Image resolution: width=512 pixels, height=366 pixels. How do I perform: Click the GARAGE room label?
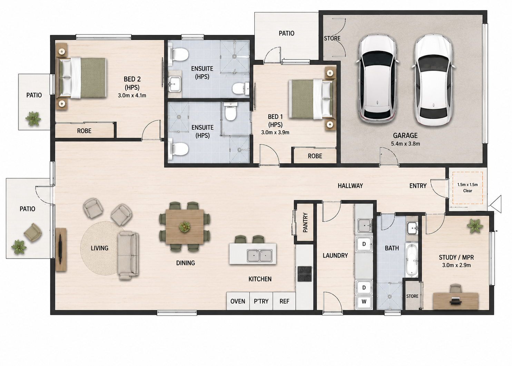click(x=405, y=135)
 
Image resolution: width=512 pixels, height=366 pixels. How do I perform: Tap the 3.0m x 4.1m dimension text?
click(x=132, y=95)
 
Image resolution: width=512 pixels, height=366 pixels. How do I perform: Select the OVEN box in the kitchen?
click(x=238, y=301)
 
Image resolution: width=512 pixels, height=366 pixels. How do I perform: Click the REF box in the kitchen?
click(x=284, y=301)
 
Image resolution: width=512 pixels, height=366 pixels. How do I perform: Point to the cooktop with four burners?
click(x=305, y=273)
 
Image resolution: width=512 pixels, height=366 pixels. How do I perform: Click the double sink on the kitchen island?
click(x=259, y=256)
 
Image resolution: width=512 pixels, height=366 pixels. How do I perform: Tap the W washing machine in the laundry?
click(x=364, y=301)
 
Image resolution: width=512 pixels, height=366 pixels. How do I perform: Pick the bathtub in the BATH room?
click(x=412, y=260)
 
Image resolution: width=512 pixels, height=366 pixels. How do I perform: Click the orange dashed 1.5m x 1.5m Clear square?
click(x=467, y=188)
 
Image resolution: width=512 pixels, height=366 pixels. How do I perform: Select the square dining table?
click(x=185, y=227)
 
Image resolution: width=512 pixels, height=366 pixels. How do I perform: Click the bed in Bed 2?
click(x=82, y=78)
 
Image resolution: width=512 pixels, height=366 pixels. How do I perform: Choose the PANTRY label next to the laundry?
click(x=305, y=223)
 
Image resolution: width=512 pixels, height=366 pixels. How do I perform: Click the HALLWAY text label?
click(x=350, y=186)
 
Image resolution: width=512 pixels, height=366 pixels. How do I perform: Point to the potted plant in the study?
click(x=475, y=225)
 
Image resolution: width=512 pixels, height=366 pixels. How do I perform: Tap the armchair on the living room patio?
click(x=33, y=232)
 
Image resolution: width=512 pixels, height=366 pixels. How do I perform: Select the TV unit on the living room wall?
click(x=61, y=250)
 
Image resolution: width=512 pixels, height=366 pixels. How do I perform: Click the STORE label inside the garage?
click(x=332, y=38)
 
